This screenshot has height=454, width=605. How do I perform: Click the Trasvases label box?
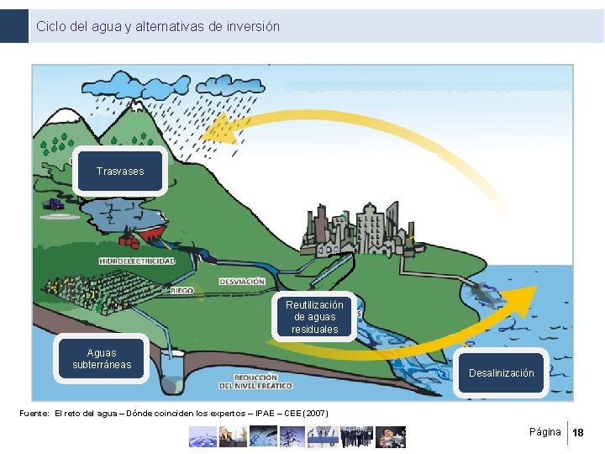pyautogui.click(x=120, y=171)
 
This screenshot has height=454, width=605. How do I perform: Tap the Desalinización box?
pyautogui.click(x=501, y=372)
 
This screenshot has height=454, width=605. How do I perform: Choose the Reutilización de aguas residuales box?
pyautogui.click(x=314, y=317)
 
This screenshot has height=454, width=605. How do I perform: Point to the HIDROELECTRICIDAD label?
pyautogui.click(x=138, y=261)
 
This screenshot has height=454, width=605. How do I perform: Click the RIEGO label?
pyautogui.click(x=181, y=290)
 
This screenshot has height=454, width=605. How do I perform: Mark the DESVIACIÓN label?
pyautogui.click(x=242, y=281)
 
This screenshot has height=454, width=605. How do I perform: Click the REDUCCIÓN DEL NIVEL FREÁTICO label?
pyautogui.click(x=256, y=382)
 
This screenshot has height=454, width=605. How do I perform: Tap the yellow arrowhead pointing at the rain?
pyautogui.click(x=218, y=129)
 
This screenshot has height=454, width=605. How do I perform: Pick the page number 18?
pyautogui.click(x=577, y=433)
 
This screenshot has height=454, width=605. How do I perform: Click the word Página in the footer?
pyautogui.click(x=544, y=432)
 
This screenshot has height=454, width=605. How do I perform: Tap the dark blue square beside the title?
pyautogui.click(x=14, y=26)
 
